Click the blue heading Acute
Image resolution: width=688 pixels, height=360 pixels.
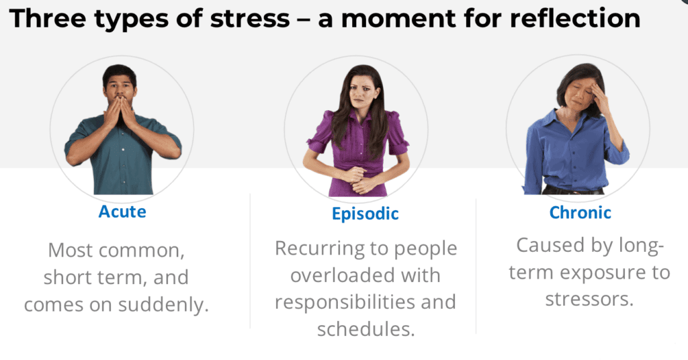122,212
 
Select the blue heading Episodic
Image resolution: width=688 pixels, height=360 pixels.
365,214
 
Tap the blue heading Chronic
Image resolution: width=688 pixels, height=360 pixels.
580,213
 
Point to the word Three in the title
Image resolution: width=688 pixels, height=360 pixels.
48,19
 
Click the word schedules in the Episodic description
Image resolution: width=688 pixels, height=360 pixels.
366,329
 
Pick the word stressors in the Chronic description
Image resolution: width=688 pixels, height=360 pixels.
589,300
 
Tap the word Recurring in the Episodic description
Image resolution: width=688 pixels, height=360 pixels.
316,249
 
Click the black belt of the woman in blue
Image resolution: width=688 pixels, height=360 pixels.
572,191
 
